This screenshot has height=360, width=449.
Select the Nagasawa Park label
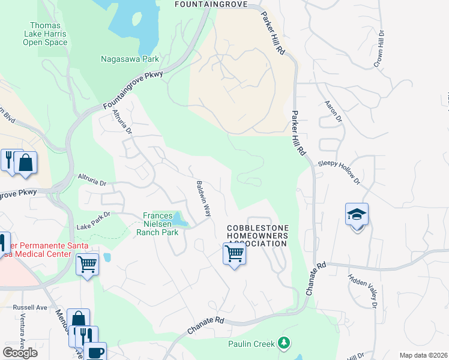[130, 59]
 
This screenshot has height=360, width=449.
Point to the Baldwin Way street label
[204, 199]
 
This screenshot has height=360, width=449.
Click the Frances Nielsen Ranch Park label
[157, 224]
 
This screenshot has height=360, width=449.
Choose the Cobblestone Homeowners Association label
[258, 236]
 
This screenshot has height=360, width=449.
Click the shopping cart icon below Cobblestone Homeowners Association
[234, 254]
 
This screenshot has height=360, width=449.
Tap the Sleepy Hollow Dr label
[340, 172]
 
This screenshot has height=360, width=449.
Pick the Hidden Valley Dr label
[363, 290]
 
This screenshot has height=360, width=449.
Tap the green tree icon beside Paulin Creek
[284, 343]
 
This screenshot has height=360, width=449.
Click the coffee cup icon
[95, 352]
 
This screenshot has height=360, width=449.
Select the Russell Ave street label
[30, 307]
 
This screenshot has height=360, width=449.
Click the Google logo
[20, 352]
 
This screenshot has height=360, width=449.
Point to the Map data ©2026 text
[424, 355]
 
